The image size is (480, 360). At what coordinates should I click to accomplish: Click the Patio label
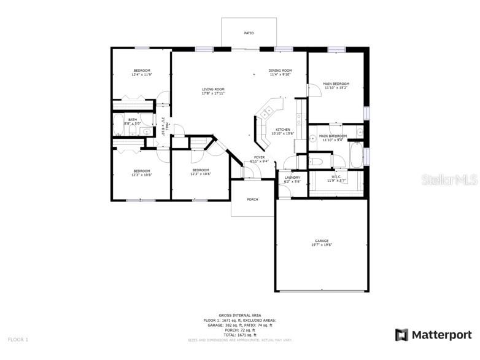[249, 33]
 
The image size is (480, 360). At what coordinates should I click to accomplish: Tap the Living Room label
[213, 90]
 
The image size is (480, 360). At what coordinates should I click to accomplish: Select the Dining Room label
[280, 71]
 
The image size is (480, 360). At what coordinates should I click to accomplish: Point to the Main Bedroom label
[336, 84]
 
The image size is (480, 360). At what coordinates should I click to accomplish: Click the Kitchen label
[282, 130]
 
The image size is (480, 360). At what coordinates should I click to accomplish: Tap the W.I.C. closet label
[336, 177]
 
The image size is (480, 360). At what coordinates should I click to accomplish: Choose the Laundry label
[292, 178]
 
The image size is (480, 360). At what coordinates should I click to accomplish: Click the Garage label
[322, 241]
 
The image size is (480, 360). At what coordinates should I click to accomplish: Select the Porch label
[252, 200]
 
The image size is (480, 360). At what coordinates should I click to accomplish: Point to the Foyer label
[260, 157]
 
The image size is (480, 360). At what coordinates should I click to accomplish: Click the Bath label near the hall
[133, 120]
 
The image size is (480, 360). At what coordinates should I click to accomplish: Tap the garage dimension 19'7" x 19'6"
[322, 245]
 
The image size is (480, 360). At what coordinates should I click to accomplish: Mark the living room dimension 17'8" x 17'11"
[213, 94]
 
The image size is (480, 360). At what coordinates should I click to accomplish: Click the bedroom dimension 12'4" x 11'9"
[142, 75]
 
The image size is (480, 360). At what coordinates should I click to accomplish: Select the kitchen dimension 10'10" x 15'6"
[282, 134]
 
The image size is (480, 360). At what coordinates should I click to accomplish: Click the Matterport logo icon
[401, 335]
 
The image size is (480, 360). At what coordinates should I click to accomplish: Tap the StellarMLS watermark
[451, 179]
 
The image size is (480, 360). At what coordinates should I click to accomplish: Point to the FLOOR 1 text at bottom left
[18, 339]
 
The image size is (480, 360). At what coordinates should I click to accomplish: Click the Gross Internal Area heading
[239, 315]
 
